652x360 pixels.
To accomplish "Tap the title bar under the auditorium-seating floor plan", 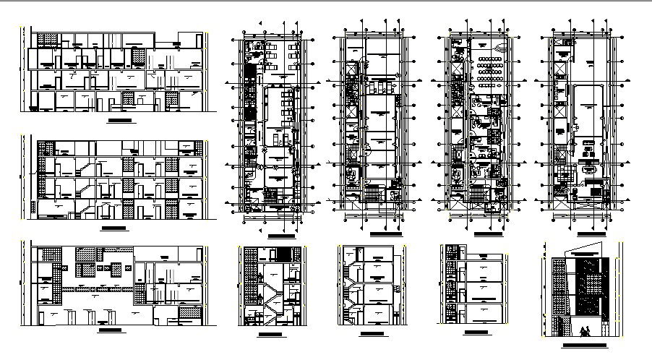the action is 484,235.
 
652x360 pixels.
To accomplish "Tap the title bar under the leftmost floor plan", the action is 281,236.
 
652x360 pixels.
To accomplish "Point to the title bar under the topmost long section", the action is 119,119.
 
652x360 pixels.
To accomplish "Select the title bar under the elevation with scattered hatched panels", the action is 111,330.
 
